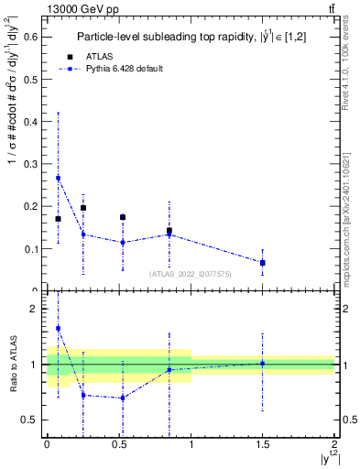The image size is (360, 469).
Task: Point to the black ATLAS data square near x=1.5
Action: tap(263, 263)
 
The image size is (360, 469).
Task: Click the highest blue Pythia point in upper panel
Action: tap(59, 178)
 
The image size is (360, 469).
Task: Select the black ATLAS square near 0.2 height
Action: tap(83, 208)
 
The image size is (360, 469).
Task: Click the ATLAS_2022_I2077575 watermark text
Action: tap(191, 273)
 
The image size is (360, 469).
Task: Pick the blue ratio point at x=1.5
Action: tap(263, 363)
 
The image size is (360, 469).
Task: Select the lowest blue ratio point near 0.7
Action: tap(123, 398)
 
